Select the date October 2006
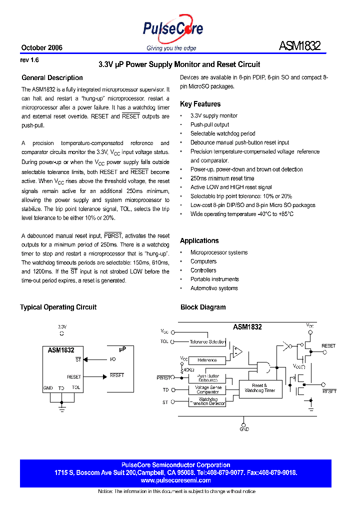coord(41,48)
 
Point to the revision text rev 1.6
coord(29,60)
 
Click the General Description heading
coord(52,78)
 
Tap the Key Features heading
coord(200,104)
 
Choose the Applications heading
coord(199,241)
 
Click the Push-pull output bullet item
coord(209,124)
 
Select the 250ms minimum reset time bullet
coord(222,178)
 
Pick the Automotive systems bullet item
coord(214,288)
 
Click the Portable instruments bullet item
coord(214,279)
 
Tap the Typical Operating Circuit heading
coord(58,307)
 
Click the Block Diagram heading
coord(203,307)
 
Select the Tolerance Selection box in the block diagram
coord(207,342)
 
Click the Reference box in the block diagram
coord(207,360)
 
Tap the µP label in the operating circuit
coord(122,349)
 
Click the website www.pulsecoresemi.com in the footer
coord(175,480)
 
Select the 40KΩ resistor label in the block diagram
coord(188,369)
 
